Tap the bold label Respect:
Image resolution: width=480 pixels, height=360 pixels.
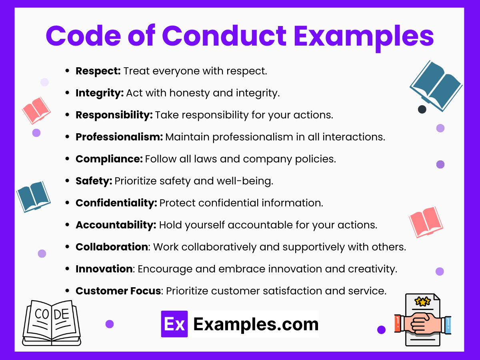[98, 71]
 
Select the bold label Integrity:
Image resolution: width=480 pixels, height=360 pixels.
[100, 93]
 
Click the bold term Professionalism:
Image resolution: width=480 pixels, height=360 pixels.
[119, 137]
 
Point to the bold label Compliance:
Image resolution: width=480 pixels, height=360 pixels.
[109, 159]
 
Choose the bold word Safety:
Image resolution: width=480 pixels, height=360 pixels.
[94, 181]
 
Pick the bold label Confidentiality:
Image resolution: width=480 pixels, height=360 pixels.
[116, 203]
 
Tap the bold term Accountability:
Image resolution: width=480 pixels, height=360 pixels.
[116, 225]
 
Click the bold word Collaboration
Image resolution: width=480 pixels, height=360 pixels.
[112, 247]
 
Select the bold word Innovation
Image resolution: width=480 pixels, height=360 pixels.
[104, 269]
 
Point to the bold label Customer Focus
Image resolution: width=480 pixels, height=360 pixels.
[118, 291]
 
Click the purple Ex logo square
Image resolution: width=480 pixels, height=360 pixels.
[174, 324]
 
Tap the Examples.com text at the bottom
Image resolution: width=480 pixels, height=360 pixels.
[256, 324]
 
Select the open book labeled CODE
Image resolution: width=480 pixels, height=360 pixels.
[51, 322]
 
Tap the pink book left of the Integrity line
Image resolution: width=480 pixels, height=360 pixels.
[36, 110]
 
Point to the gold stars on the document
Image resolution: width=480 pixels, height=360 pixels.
[423, 301]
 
